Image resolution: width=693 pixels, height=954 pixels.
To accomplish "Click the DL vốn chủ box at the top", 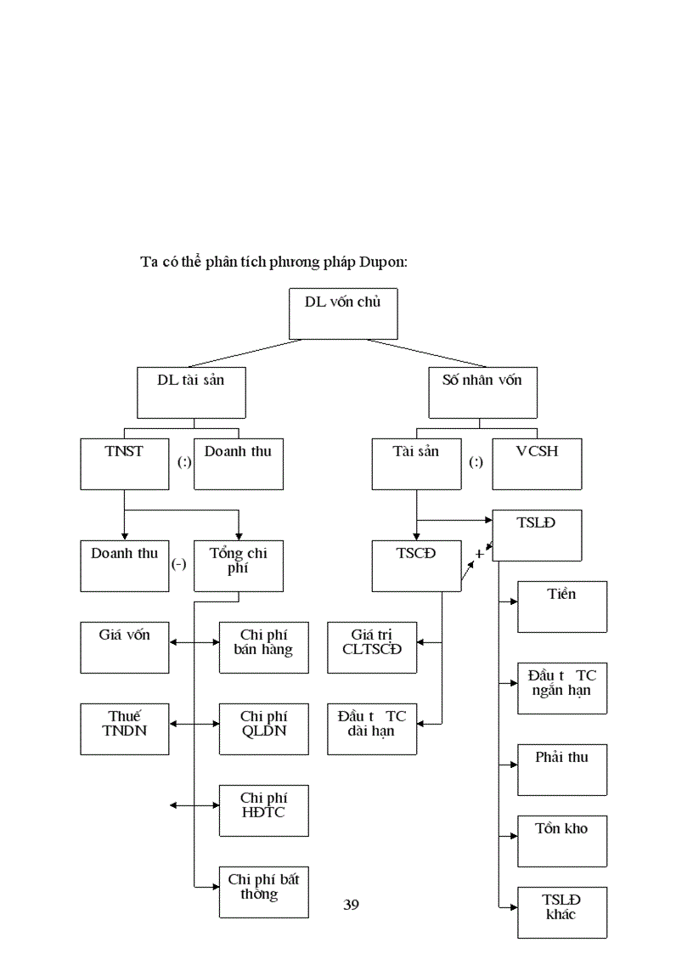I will pyautogui.click(x=343, y=313).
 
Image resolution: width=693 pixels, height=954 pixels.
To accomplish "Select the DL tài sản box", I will pyautogui.click(x=192, y=392).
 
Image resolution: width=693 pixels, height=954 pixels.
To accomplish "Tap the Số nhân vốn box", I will pyautogui.click(x=482, y=392).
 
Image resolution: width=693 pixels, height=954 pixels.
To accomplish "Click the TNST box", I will pyautogui.click(x=124, y=464).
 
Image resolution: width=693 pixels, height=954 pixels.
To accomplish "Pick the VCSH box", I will pyautogui.click(x=537, y=464).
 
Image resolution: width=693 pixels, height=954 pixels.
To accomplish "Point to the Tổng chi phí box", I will pyautogui.click(x=239, y=565).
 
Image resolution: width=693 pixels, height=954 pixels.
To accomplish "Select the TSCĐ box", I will pyautogui.click(x=416, y=565).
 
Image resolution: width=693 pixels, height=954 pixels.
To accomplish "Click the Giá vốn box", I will pyautogui.click(x=124, y=647).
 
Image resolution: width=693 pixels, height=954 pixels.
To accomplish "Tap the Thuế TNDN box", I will pyautogui.click(x=124, y=729).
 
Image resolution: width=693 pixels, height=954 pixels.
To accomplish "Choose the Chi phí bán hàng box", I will pyautogui.click(x=263, y=647).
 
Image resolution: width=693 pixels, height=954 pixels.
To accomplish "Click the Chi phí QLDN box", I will pyautogui.click(x=263, y=729).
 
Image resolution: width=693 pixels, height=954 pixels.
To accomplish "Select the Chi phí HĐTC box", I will pyautogui.click(x=263, y=810).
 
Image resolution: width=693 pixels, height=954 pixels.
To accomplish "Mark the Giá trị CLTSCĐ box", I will pyautogui.click(x=373, y=647).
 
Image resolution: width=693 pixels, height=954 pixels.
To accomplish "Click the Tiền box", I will pyautogui.click(x=562, y=607).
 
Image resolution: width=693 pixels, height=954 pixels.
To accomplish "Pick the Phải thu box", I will pyautogui.click(x=562, y=770).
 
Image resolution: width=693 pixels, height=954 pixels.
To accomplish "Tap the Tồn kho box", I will pyautogui.click(x=562, y=841).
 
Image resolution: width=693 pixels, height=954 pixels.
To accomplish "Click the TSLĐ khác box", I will pyautogui.click(x=562, y=912).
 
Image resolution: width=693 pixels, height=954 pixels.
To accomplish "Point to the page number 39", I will pyautogui.click(x=351, y=905).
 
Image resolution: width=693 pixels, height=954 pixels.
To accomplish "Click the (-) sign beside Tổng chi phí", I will pyautogui.click(x=179, y=563).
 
